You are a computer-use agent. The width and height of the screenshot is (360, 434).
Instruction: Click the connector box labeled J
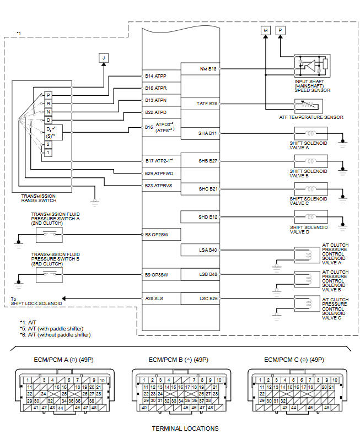(104, 57)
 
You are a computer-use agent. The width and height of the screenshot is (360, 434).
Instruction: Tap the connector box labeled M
(265, 31)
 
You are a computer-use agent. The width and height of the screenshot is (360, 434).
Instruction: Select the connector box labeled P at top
(280, 31)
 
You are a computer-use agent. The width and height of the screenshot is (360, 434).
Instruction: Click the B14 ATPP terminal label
(155, 75)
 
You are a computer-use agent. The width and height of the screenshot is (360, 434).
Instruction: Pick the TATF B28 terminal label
(207, 104)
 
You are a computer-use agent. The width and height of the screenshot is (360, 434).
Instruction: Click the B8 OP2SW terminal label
(157, 234)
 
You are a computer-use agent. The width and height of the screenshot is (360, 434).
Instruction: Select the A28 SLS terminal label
(155, 298)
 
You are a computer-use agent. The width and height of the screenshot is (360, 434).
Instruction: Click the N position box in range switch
(48, 111)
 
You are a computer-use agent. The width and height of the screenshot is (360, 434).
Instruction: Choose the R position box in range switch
(48, 103)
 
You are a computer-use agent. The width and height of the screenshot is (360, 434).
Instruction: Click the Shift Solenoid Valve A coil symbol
(311, 133)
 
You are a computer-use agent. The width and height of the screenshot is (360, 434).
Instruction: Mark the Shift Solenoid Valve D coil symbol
(311, 217)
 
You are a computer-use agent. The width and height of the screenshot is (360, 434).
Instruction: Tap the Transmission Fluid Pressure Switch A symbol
(48, 235)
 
